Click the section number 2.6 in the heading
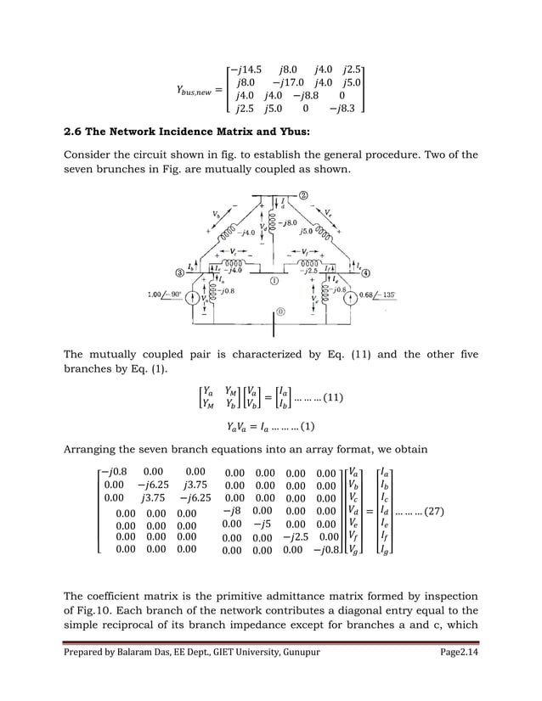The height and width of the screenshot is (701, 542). [77, 133]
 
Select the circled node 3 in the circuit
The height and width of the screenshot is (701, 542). [180, 273]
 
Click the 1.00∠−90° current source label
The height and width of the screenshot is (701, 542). [167, 294]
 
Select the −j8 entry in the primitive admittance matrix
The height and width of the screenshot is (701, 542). [231, 512]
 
